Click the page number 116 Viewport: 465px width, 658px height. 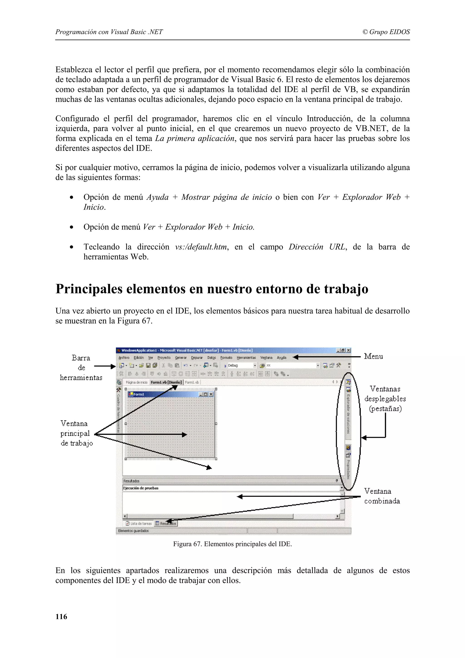[x=61, y=616]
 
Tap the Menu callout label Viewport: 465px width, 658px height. [x=373, y=356]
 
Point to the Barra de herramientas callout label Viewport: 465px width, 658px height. [x=81, y=368]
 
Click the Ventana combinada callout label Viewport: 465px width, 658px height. [x=382, y=496]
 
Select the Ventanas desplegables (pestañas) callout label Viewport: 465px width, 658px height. [x=385, y=399]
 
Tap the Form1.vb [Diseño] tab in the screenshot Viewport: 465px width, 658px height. [x=166, y=382]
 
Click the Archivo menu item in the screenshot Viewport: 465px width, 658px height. [x=124, y=358]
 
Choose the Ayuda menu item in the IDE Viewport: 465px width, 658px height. [x=281, y=358]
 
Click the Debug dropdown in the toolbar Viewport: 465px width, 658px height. [x=241, y=365]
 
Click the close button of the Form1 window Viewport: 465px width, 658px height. [x=211, y=394]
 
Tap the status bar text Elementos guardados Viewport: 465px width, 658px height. [x=133, y=531]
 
